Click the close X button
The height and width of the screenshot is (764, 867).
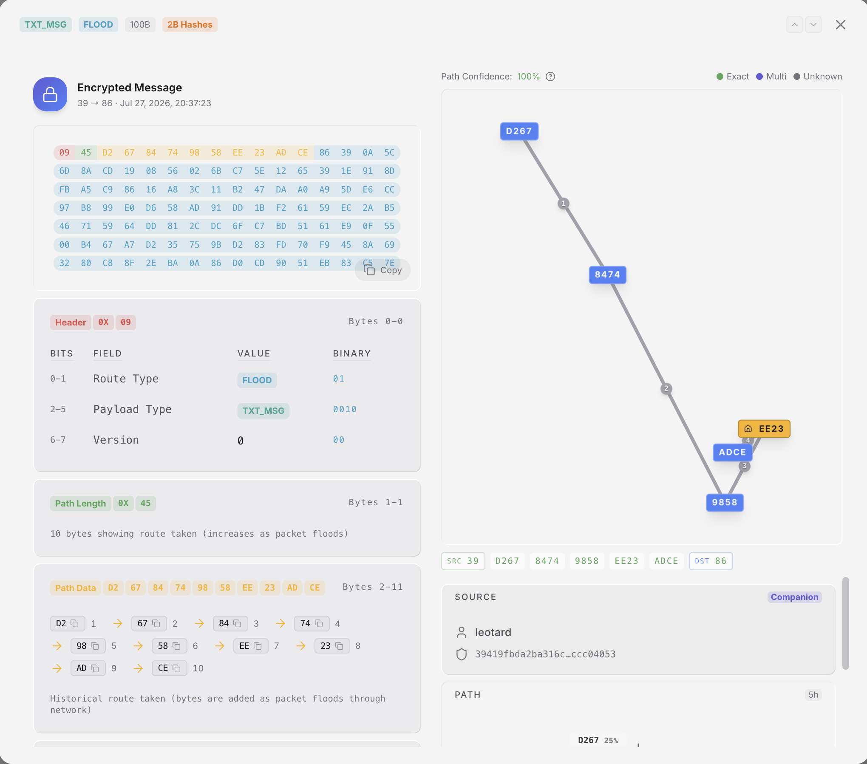[x=840, y=25]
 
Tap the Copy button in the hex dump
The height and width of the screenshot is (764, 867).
[x=382, y=270]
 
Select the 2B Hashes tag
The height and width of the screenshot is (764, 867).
[x=190, y=25]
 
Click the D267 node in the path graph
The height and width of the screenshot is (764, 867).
[x=519, y=131]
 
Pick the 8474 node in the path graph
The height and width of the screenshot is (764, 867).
[x=607, y=274]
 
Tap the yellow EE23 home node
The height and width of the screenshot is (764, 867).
[x=764, y=429]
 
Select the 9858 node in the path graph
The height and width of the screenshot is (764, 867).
[x=725, y=502]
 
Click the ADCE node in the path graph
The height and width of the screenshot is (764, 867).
[x=732, y=452]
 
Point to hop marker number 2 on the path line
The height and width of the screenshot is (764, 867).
[x=666, y=388]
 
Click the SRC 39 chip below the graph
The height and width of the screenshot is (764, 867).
[x=463, y=561]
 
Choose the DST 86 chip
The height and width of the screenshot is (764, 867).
[x=711, y=561]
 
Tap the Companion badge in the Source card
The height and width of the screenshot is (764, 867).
[x=794, y=597]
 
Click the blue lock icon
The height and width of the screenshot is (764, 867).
[x=50, y=94]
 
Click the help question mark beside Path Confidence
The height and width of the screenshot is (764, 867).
[x=550, y=76]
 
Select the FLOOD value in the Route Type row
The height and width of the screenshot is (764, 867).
[x=257, y=380]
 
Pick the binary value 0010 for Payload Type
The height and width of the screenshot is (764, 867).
[x=345, y=409]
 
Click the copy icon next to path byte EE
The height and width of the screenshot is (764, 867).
[x=258, y=646]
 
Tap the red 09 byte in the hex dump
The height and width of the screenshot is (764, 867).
[x=65, y=153]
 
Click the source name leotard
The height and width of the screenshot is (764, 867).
[x=493, y=632]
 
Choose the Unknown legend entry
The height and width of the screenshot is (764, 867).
[x=818, y=76]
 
